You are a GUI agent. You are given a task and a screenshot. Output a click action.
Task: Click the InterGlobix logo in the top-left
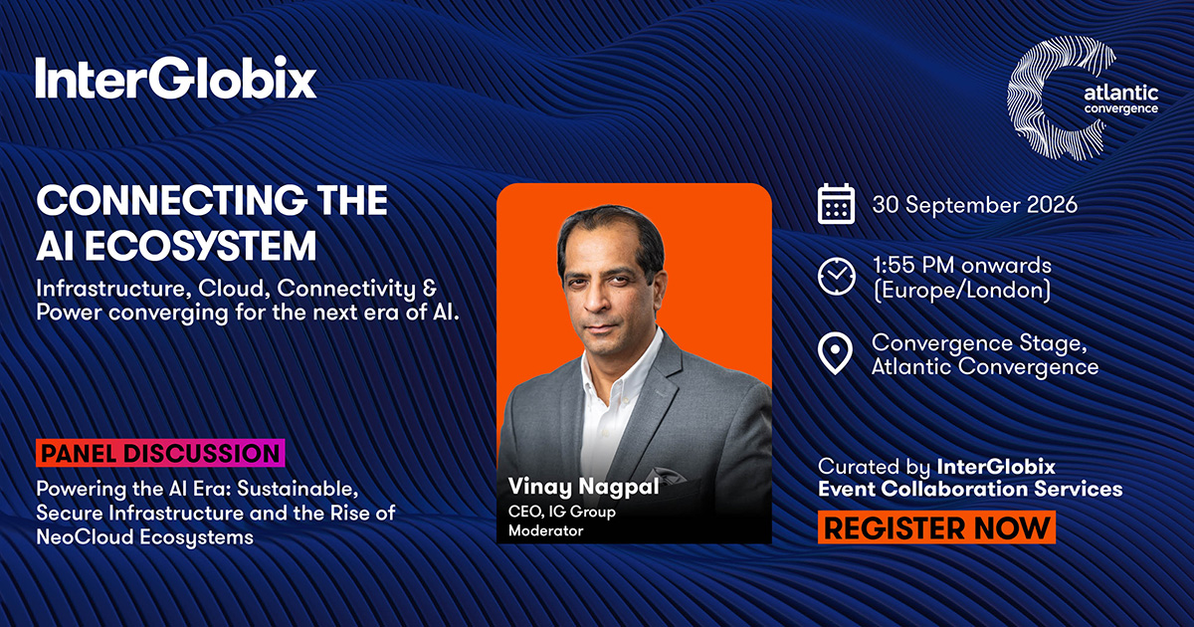point(176,78)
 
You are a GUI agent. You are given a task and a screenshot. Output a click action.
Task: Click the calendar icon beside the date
point(836,204)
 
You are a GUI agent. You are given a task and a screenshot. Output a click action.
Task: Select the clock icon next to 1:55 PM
point(836,277)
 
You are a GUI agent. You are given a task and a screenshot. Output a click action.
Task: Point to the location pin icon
point(835,352)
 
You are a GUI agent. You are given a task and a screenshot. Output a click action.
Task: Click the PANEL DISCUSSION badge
point(160,453)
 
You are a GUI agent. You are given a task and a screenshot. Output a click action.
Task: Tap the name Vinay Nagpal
point(584,487)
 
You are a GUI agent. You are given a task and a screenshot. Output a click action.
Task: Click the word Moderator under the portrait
point(546,530)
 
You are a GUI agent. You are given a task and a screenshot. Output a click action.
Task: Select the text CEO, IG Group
point(562,512)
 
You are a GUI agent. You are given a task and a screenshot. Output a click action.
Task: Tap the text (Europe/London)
point(961,290)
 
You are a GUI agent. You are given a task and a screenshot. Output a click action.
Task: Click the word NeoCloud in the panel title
point(85,536)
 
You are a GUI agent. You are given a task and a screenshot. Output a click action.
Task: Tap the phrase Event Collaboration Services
point(970,489)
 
